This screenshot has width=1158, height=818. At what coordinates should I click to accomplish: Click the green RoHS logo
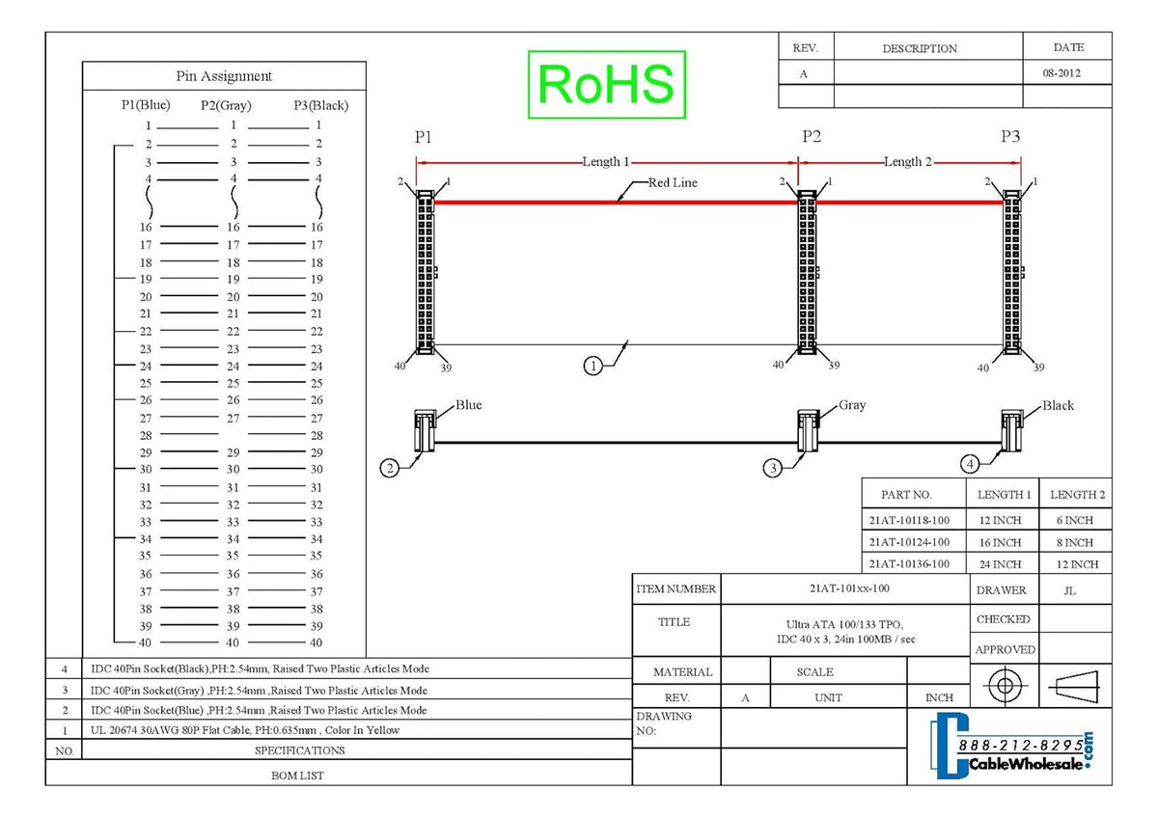(x=607, y=85)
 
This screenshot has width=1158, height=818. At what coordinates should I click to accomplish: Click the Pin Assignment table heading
(x=224, y=76)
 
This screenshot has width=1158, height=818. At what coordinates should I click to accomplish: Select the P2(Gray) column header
(x=226, y=105)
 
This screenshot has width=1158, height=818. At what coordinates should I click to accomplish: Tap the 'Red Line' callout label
(x=673, y=182)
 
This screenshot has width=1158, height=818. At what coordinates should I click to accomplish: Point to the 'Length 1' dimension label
(x=605, y=162)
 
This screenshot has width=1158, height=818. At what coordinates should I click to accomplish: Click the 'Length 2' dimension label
(x=907, y=162)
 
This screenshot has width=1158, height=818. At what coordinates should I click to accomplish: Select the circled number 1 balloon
(x=593, y=366)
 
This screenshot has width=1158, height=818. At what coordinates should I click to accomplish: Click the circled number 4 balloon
(x=970, y=464)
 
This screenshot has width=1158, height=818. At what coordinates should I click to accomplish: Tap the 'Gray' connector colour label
(x=852, y=405)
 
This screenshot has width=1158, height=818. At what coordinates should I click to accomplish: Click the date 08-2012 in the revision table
(x=1061, y=73)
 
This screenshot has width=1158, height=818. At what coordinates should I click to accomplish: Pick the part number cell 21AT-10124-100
(x=909, y=542)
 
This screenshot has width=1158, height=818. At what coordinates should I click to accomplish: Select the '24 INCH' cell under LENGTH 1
(x=1000, y=564)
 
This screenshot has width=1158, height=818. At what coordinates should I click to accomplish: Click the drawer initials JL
(x=1069, y=590)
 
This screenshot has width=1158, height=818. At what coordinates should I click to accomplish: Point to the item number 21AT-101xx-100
(x=849, y=588)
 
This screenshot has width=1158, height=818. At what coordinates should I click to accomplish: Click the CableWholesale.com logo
(x=1011, y=748)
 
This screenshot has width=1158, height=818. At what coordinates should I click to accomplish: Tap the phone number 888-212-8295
(x=1021, y=745)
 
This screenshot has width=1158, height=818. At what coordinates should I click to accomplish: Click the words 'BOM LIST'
(x=297, y=776)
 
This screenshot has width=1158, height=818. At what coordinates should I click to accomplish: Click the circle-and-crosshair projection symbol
(x=1005, y=686)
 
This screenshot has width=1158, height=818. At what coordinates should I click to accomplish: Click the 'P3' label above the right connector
(x=1010, y=136)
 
